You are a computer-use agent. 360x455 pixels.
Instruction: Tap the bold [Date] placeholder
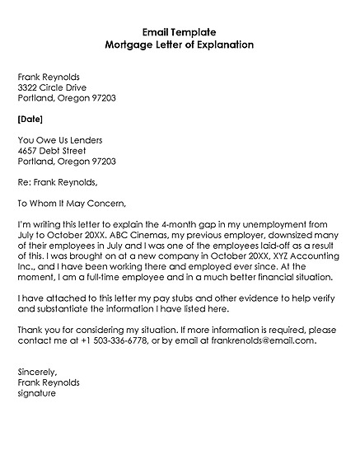click(x=30, y=119)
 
